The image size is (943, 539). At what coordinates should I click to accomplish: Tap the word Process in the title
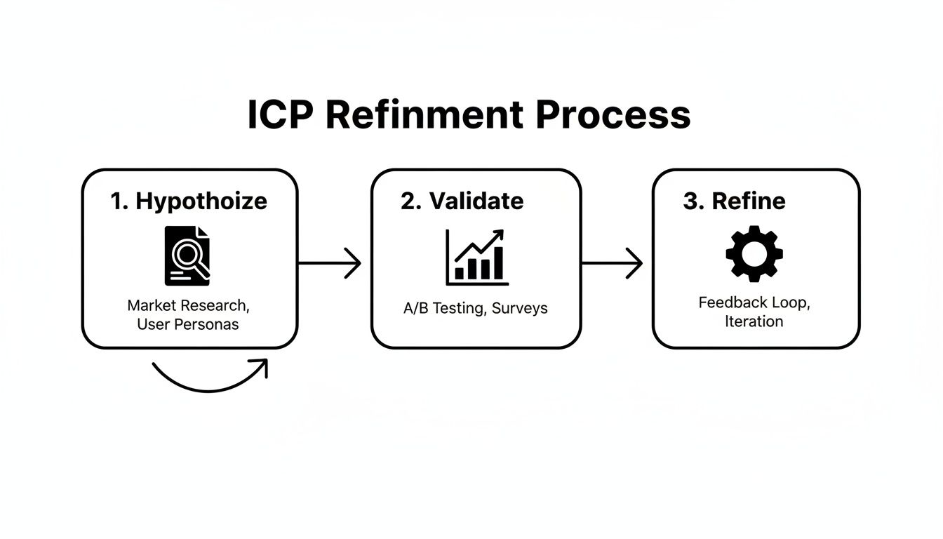pos(613,115)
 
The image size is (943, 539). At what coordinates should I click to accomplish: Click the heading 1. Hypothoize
pos(189,201)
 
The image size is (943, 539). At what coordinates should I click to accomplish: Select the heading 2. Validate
pos(462,201)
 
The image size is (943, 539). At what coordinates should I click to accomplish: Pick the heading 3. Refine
pos(734,201)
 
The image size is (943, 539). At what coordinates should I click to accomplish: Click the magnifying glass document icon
pos(187,255)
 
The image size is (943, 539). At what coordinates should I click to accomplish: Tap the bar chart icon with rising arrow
pos(476,257)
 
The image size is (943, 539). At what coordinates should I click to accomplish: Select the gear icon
pos(754,254)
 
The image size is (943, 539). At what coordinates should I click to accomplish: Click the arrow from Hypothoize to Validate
pos(330,263)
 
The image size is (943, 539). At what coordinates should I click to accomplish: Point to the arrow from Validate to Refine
pos(613,263)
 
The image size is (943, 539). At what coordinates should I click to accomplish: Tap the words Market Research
pos(187,306)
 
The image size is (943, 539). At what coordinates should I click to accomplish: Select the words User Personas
pos(187,324)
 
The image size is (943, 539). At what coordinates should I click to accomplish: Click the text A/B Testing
pos(441,308)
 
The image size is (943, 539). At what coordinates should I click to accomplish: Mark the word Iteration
pos(754,321)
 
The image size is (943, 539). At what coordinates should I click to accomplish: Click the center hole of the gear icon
pos(754,254)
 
